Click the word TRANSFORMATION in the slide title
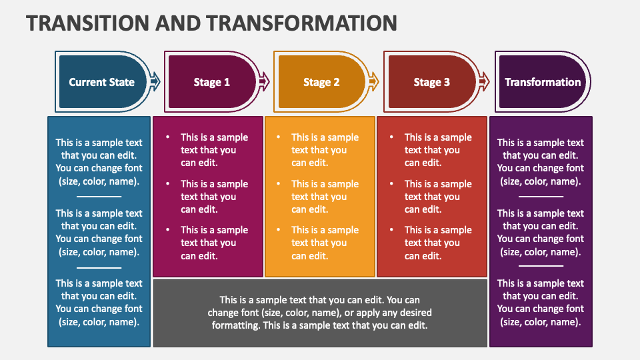click(303, 22)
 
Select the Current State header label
click(101, 82)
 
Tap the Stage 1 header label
click(211, 82)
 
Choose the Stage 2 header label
click(321, 82)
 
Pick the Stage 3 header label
click(431, 82)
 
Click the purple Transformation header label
click(543, 82)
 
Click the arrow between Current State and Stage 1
click(155, 81)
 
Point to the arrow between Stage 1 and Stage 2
click(264, 81)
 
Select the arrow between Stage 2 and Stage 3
click(375, 81)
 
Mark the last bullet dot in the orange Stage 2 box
click(278, 230)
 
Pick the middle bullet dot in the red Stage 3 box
click(391, 184)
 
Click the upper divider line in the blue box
click(99, 197)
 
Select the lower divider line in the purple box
click(541, 266)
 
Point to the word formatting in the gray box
click(236, 325)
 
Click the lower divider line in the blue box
click(99, 267)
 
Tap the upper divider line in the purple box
click(541, 197)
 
